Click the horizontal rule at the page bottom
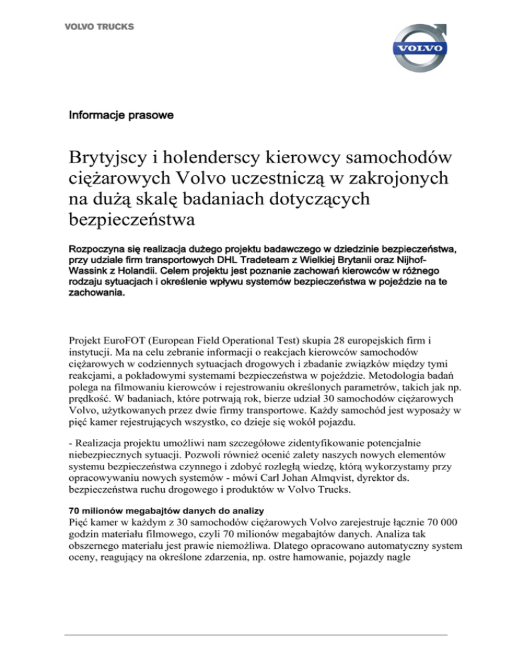(255, 635)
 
